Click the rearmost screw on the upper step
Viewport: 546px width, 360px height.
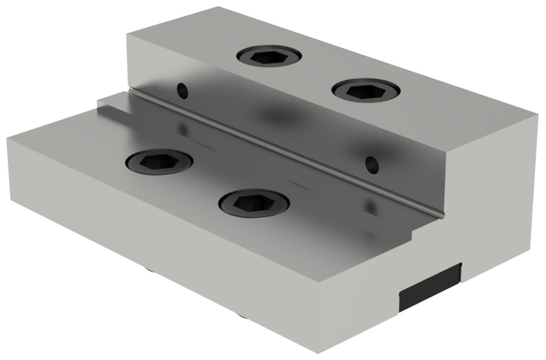[269, 56]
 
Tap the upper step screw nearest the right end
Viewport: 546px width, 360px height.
[366, 90]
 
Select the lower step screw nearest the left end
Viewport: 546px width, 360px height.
[159, 162]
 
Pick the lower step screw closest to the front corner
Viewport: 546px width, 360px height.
[254, 203]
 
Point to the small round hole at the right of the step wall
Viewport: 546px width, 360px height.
[372, 164]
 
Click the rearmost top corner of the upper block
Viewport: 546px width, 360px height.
[218, 7]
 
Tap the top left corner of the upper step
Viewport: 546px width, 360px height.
[127, 34]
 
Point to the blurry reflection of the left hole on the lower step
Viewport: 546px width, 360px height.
[183, 129]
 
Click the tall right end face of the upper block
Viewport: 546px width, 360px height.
[494, 208]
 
